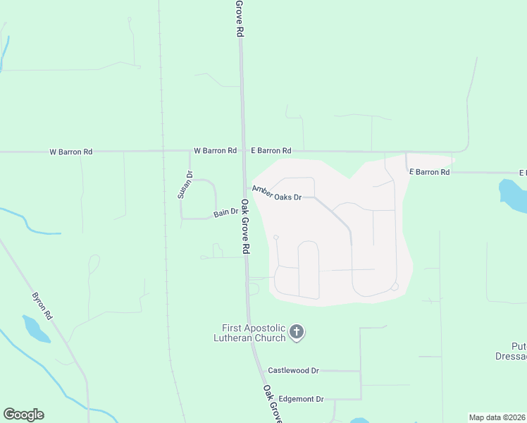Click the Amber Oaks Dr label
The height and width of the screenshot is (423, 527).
click(x=277, y=192)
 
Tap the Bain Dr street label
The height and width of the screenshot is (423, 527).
click(x=226, y=213)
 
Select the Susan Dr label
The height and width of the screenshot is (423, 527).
click(x=185, y=185)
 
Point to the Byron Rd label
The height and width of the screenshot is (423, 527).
click(x=42, y=307)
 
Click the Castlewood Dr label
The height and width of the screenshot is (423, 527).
click(x=293, y=370)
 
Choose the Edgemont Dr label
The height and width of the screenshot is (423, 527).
click(x=301, y=399)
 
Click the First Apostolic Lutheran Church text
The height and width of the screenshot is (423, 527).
click(x=254, y=333)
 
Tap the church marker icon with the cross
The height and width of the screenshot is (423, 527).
click(x=297, y=331)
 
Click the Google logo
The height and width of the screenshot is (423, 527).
click(x=23, y=415)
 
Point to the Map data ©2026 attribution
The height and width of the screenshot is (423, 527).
click(x=496, y=417)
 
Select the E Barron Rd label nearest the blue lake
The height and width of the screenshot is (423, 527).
click(x=429, y=172)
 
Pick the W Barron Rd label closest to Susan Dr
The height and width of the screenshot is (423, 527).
click(x=215, y=151)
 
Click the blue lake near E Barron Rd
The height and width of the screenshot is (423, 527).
click(x=512, y=195)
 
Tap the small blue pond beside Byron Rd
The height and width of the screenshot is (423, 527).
click(x=35, y=329)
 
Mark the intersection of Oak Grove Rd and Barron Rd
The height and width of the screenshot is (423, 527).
click(x=243, y=151)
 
